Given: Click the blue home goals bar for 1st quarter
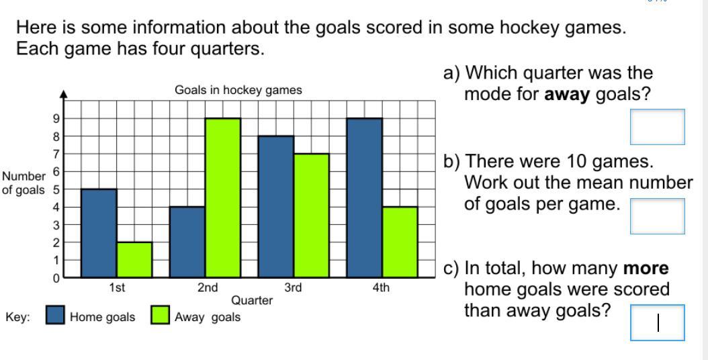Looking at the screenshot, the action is pyautogui.click(x=99, y=233).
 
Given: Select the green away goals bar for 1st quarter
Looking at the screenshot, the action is pyautogui.click(x=134, y=260).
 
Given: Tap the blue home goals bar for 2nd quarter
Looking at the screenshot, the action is pyautogui.click(x=187, y=242).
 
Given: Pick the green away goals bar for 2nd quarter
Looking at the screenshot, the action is pyautogui.click(x=223, y=198).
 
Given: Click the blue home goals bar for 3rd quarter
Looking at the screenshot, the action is pyautogui.click(x=276, y=206).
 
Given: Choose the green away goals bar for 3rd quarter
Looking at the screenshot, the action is pyautogui.click(x=312, y=216).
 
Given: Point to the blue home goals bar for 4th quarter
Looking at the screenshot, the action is pyautogui.click(x=364, y=198).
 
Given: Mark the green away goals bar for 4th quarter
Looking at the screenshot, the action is pyautogui.click(x=400, y=242).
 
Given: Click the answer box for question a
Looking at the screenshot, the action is pyautogui.click(x=658, y=127).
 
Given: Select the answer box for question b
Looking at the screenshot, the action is pyautogui.click(x=658, y=216).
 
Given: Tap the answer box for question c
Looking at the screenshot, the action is pyautogui.click(x=658, y=322).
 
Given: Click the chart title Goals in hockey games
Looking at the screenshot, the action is pyautogui.click(x=238, y=91).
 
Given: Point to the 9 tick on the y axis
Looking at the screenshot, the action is pyautogui.click(x=56, y=119).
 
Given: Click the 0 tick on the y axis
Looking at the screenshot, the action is pyautogui.click(x=56, y=278).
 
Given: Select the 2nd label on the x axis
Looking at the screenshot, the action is pyautogui.click(x=208, y=287).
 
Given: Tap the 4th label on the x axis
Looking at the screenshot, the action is pyautogui.click(x=381, y=287).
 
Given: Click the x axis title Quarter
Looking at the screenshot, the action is pyautogui.click(x=252, y=300).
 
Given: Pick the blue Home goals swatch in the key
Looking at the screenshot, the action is pyautogui.click(x=55, y=315).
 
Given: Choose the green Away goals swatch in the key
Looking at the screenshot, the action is pyautogui.click(x=161, y=315).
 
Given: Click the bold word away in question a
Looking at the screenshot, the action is pyautogui.click(x=568, y=95).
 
